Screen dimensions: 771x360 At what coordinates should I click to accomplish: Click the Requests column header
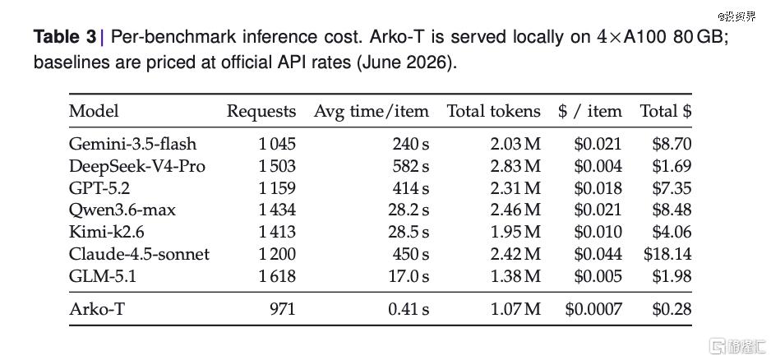261,112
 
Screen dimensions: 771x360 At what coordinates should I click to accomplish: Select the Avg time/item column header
372,111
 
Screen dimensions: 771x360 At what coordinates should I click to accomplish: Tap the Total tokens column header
493,111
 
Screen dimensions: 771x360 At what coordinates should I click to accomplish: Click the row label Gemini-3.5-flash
133,144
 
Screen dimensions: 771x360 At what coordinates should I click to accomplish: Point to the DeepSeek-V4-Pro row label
137,166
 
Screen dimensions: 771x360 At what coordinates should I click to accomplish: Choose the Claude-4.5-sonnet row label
139,254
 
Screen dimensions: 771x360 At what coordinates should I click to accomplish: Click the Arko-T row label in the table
97,309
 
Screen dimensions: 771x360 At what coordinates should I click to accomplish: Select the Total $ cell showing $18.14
667,254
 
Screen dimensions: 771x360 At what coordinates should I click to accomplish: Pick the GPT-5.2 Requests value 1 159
277,188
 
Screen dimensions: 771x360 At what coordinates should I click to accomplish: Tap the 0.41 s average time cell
409,309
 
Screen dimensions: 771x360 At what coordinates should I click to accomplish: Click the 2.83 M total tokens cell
515,166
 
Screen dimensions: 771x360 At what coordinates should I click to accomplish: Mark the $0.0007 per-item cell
593,309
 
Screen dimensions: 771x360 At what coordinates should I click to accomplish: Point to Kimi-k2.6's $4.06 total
672,232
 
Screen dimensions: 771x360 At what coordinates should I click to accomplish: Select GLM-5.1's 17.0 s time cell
409,276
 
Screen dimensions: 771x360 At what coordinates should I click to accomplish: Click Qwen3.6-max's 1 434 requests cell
277,210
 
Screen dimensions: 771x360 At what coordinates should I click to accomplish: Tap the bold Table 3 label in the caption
65,37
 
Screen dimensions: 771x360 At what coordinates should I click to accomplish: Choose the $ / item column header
590,111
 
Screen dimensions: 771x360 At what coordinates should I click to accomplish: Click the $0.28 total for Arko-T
672,309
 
